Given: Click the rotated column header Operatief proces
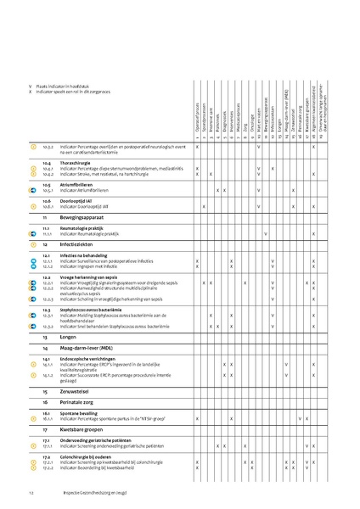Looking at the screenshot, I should click(197, 115).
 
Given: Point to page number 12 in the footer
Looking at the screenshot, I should click(31, 494).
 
